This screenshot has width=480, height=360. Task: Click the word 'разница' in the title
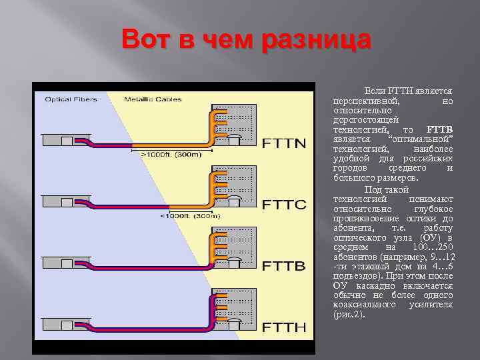[x=317, y=40]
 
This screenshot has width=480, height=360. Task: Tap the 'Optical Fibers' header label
[x=70, y=99]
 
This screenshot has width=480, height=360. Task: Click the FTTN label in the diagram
[x=285, y=143]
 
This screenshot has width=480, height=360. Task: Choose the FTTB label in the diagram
[x=285, y=265]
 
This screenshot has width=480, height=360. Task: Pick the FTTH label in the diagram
[x=285, y=327]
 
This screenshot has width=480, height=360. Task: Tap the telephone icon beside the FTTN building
[x=234, y=139]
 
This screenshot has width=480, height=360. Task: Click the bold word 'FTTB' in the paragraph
[x=439, y=129]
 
